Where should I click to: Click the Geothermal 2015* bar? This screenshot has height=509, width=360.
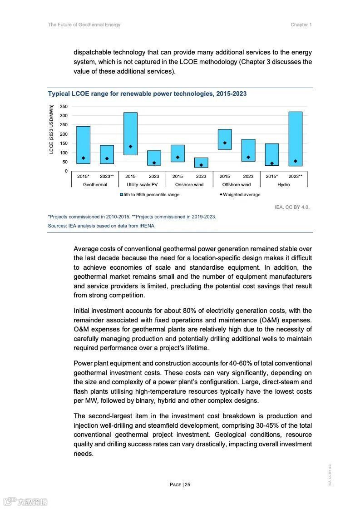click(x=83, y=145)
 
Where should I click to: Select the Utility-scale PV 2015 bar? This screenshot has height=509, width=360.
click(x=130, y=133)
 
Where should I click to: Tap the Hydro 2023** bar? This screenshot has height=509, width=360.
click(x=296, y=138)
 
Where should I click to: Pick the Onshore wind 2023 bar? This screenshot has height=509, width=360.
click(x=201, y=163)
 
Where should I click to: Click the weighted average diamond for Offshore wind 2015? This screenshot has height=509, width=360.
click(x=225, y=143)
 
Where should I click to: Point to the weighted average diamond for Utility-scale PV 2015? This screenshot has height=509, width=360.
click(x=130, y=147)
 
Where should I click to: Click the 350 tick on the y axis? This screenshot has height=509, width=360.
click(x=64, y=107)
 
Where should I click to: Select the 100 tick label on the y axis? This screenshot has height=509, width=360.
click(x=64, y=153)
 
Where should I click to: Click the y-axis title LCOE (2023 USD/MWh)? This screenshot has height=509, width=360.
click(x=52, y=129)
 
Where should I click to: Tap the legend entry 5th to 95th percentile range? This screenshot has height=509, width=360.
click(x=149, y=195)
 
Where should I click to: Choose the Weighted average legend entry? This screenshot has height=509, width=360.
click(x=241, y=195)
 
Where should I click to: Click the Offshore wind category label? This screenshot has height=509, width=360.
click(x=236, y=185)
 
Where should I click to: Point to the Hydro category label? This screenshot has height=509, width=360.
click(x=283, y=185)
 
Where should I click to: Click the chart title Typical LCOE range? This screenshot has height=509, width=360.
click(x=147, y=94)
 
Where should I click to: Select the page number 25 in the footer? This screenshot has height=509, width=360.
click(x=187, y=484)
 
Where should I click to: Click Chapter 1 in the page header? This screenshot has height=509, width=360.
click(x=301, y=25)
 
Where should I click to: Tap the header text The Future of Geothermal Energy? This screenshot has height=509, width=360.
click(x=84, y=25)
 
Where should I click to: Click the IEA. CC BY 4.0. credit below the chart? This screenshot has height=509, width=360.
click(x=292, y=207)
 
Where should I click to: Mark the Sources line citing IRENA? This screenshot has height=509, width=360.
click(x=102, y=226)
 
